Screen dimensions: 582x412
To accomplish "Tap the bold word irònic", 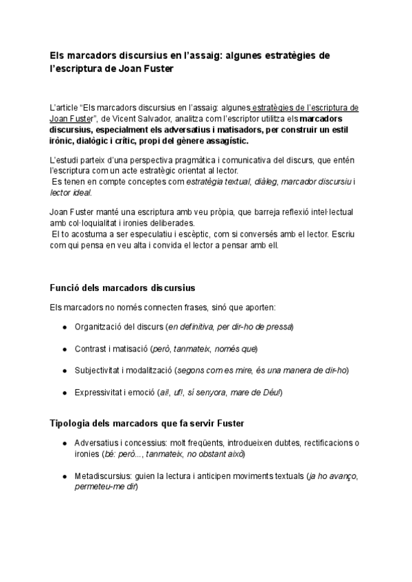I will tap(65, 141).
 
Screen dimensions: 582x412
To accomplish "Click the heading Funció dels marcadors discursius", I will tap(122, 287).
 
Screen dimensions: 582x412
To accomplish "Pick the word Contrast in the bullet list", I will tap(90, 349).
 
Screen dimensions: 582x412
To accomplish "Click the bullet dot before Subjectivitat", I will tap(64, 371).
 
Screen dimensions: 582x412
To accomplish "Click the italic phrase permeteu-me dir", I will tap(106, 487).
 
